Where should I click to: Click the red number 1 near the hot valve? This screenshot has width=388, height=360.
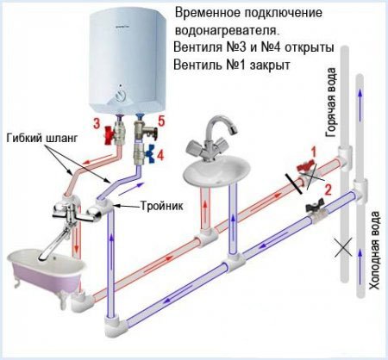314,152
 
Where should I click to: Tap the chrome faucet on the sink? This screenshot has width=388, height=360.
216,138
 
